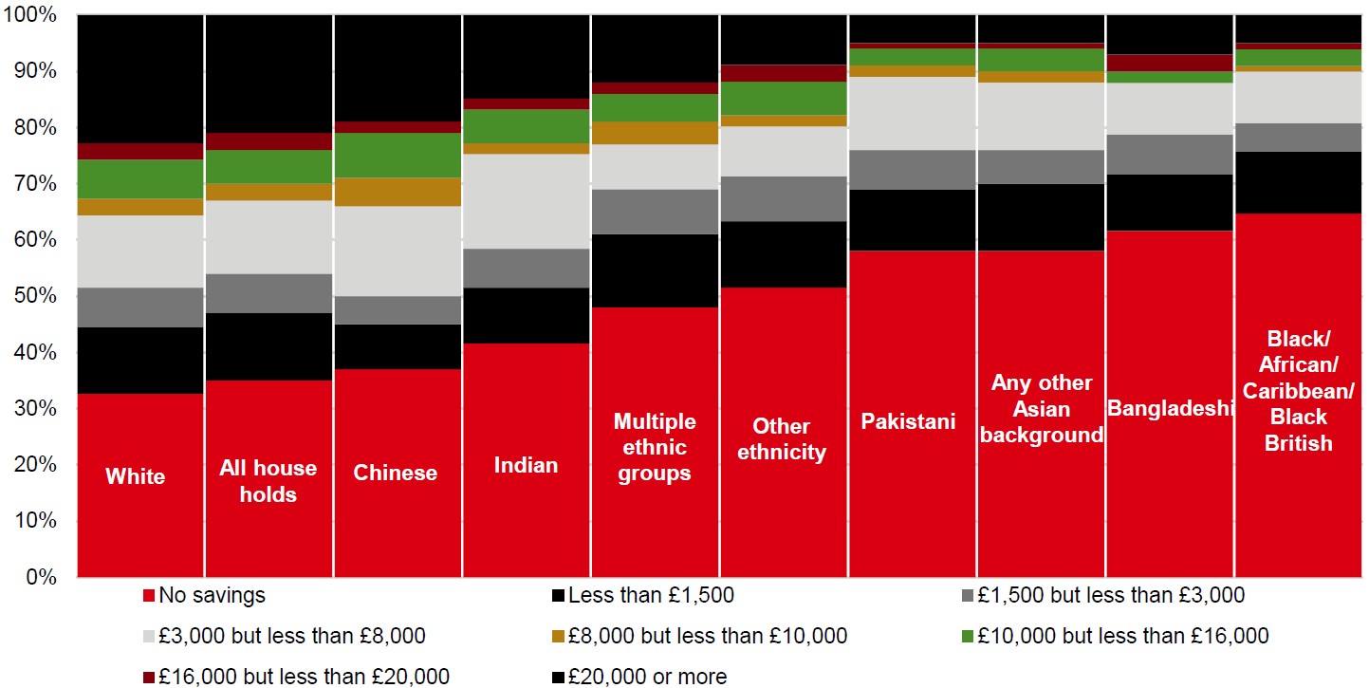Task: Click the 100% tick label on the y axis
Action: (29, 14)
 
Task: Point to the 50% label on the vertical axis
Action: (35, 295)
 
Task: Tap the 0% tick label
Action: (41, 577)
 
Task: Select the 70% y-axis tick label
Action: (35, 183)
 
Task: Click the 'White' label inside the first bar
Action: (135, 475)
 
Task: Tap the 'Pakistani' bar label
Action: (908, 420)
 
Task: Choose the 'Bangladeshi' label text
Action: (1170, 407)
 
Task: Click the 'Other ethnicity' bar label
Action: (782, 438)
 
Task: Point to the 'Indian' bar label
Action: (526, 465)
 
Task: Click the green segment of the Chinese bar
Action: (398, 156)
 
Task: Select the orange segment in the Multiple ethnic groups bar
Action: (656, 133)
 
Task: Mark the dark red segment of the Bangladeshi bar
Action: (1170, 63)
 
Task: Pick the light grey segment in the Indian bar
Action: (527, 201)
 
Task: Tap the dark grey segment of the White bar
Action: (140, 307)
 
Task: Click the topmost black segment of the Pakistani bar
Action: (913, 28)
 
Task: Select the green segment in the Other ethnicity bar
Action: (785, 99)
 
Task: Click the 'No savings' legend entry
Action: (204, 595)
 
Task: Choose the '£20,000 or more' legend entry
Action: (639, 677)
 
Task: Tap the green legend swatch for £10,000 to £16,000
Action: (968, 636)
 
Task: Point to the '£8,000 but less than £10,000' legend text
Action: (708, 636)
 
